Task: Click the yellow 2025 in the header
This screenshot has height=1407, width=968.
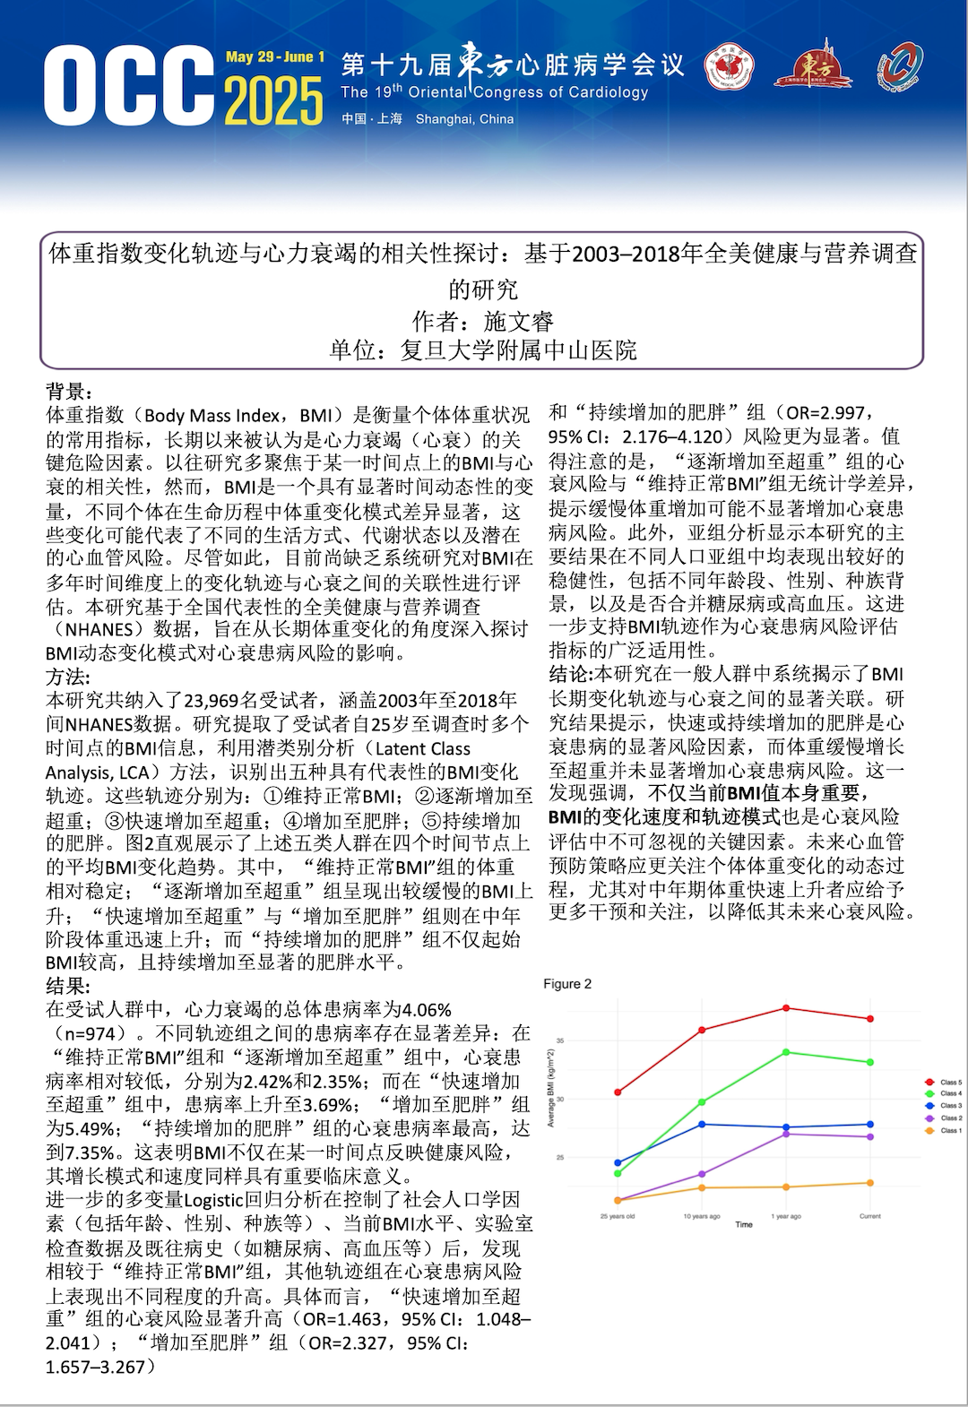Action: [x=273, y=100]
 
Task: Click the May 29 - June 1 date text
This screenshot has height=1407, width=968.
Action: [x=275, y=57]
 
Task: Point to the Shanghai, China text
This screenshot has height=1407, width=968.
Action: [x=464, y=119]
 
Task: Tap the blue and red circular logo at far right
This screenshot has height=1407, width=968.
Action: [x=902, y=66]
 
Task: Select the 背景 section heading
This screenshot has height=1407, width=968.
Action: [x=68, y=392]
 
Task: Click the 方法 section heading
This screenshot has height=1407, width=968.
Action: [x=68, y=676]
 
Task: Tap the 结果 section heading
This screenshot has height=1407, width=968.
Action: [x=68, y=986]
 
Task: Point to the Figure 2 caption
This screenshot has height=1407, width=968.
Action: [x=567, y=984]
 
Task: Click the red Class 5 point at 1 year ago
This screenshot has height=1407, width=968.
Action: [x=786, y=1008]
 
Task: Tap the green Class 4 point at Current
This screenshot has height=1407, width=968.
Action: [x=870, y=1062]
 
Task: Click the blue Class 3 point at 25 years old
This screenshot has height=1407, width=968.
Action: [x=618, y=1162]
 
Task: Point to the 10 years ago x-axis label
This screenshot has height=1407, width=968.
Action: [x=702, y=1216]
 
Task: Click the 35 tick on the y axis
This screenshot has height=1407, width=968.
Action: [x=586, y=1041]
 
